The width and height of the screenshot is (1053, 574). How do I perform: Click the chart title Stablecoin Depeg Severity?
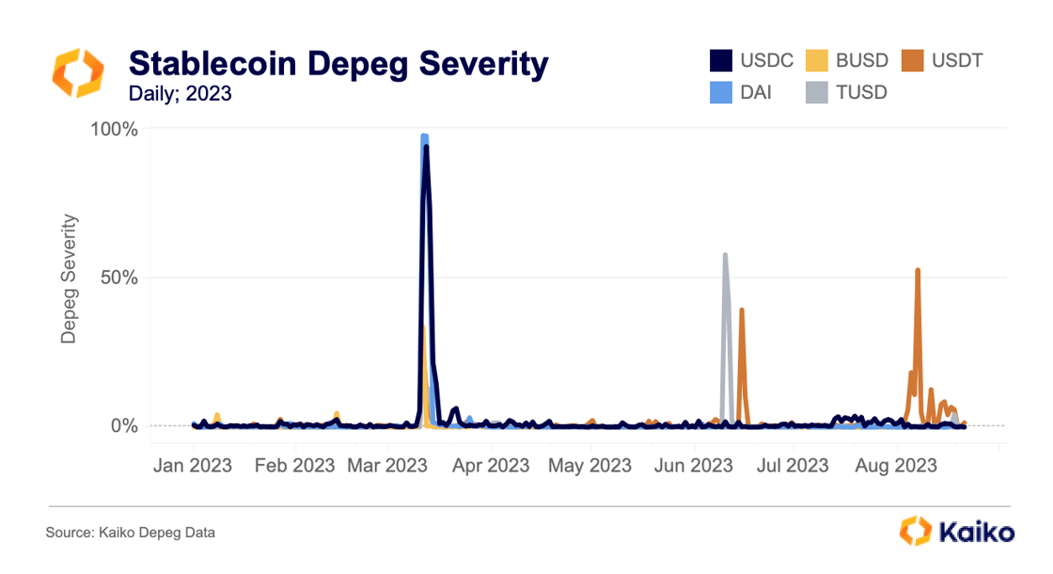(x=338, y=63)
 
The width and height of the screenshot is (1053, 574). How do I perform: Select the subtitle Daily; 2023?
(x=180, y=93)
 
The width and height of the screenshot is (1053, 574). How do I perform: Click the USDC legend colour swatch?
(x=720, y=61)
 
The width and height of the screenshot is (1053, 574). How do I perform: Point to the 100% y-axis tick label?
(x=114, y=129)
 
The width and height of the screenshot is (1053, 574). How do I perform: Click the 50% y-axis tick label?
(x=118, y=278)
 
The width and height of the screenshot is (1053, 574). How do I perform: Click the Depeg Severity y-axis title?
(x=69, y=279)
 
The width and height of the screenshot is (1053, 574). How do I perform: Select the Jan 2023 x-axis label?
(x=193, y=466)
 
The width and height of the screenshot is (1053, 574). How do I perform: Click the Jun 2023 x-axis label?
(x=694, y=466)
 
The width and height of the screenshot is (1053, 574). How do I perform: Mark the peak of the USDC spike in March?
(x=426, y=147)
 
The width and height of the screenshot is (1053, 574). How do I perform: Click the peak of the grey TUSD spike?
(x=725, y=255)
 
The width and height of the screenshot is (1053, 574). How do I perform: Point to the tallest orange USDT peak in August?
(x=918, y=270)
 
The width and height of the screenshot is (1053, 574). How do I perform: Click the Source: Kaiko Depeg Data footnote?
(x=131, y=533)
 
